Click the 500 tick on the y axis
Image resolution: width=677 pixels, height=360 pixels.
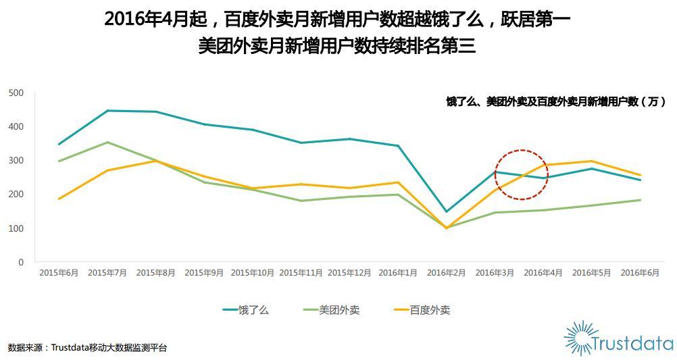pyautogui.click(x=16, y=93)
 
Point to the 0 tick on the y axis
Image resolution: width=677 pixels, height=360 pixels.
pyautogui.click(x=21, y=262)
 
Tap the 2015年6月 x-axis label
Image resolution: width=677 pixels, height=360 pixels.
pyautogui.click(x=59, y=273)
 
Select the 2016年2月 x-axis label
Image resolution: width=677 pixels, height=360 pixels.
pyautogui.click(x=446, y=273)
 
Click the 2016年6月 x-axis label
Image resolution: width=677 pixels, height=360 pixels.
pyautogui.click(x=640, y=273)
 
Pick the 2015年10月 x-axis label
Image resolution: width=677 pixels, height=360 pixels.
pyautogui.click(x=253, y=273)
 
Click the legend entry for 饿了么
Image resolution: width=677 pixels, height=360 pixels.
pyautogui.click(x=246, y=310)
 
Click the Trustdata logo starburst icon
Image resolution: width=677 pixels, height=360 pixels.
pyautogui.click(x=580, y=337)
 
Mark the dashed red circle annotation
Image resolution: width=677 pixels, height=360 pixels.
pyautogui.click(x=522, y=174)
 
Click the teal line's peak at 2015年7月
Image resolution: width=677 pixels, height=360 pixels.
pyautogui.click(x=107, y=111)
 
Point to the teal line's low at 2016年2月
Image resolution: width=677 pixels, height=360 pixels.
pyautogui.click(x=446, y=211)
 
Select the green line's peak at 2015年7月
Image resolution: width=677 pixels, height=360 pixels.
pyautogui.click(x=107, y=143)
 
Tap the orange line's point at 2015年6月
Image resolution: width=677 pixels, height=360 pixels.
pyautogui.click(x=59, y=199)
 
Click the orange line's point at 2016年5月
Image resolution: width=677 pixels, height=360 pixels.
pyautogui.click(x=591, y=161)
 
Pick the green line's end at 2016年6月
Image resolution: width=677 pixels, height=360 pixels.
pyautogui.click(x=640, y=200)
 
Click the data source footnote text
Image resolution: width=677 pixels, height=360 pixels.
pyautogui.click(x=87, y=348)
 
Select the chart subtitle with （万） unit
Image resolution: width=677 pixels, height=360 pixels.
pyautogui.click(x=555, y=102)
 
